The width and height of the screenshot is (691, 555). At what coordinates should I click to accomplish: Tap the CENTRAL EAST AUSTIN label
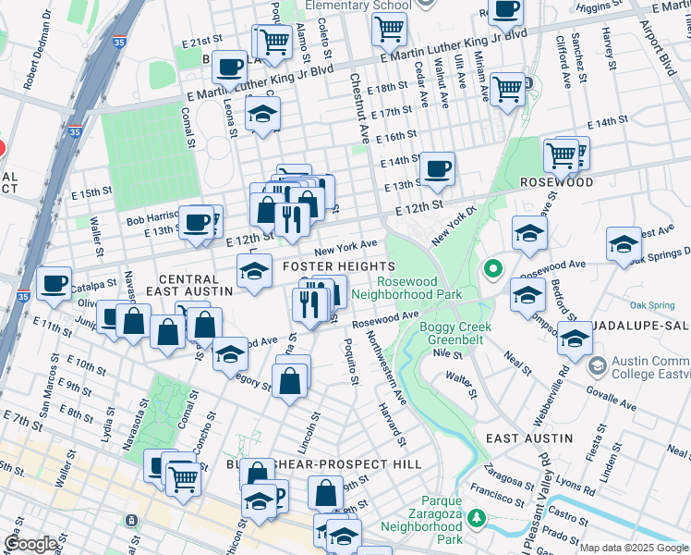(195, 284)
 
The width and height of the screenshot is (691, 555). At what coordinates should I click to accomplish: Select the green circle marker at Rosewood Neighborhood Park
(493, 270)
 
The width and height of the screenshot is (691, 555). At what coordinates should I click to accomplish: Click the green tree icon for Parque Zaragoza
(477, 516)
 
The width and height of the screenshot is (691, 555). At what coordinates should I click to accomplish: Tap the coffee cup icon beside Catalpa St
(55, 281)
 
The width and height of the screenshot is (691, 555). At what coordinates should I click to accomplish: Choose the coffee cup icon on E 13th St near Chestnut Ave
(437, 167)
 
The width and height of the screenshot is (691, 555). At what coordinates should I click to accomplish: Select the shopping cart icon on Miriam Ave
(508, 89)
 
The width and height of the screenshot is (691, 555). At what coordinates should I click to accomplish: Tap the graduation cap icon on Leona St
(262, 115)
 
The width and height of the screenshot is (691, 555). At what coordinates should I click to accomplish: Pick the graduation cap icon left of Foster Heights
(254, 270)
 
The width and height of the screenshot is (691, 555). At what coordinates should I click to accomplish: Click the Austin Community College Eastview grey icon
(596, 366)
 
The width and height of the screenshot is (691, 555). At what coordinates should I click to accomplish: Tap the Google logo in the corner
(30, 544)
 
